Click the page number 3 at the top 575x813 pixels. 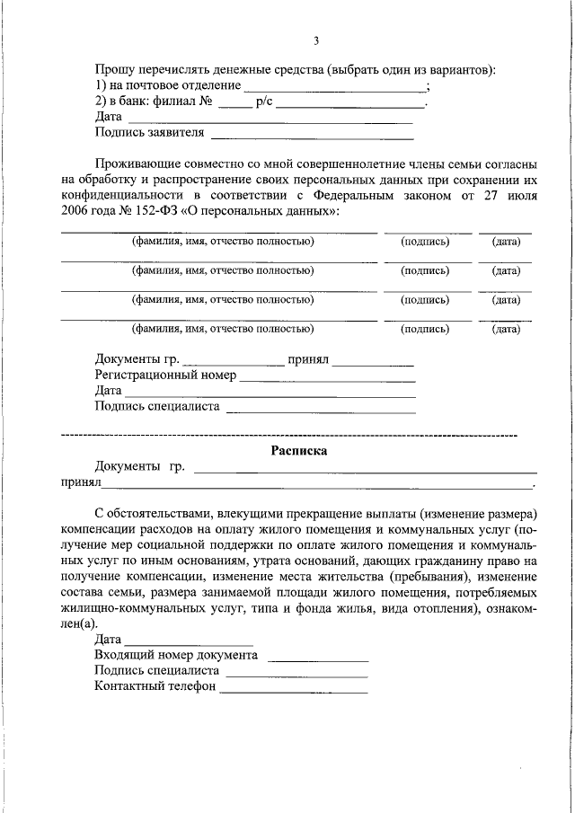pyautogui.click(x=315, y=40)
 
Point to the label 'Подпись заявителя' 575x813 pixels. pyautogui.click(x=149, y=133)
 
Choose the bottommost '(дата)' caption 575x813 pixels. pyautogui.click(x=506, y=329)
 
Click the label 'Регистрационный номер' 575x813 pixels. pyautogui.click(x=164, y=376)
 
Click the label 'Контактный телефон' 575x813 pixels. pyautogui.click(x=155, y=686)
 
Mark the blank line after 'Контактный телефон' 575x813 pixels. pyautogui.click(x=294, y=690)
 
